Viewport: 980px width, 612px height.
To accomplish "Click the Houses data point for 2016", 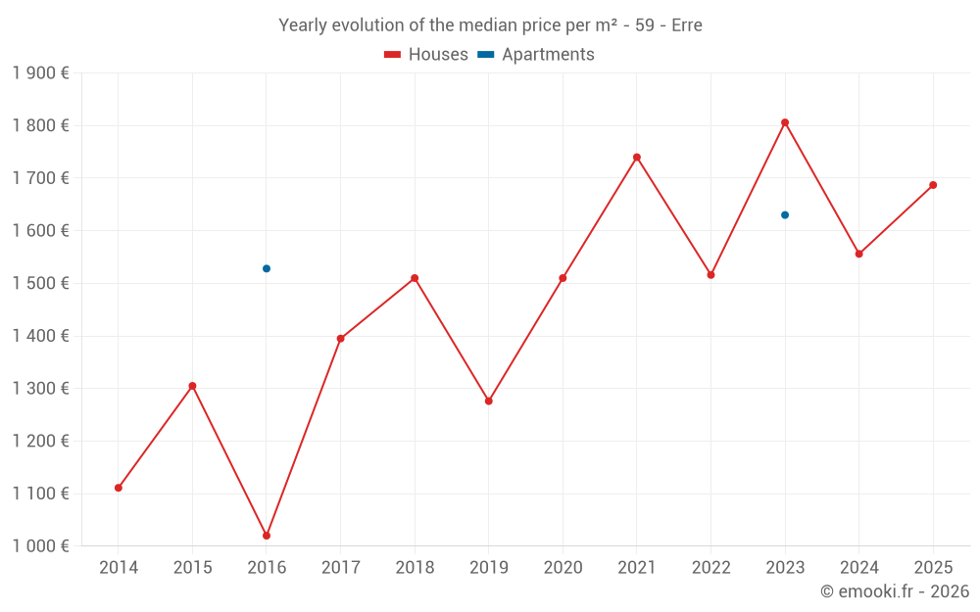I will pos(267,536).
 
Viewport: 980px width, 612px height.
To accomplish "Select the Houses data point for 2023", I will pos(785,122).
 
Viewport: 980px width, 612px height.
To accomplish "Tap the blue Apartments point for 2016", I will pos(267,268).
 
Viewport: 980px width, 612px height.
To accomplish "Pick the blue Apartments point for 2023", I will pos(785,214).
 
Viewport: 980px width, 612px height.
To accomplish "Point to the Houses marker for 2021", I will pos(637,157).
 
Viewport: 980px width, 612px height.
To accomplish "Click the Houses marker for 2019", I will pos(489,400).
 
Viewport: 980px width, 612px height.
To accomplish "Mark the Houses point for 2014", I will pos(119,488).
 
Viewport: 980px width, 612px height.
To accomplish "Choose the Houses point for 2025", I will pos(933,185).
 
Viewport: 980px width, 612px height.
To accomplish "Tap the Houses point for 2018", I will pos(415,278).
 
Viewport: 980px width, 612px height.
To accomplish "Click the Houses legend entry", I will pos(426,55).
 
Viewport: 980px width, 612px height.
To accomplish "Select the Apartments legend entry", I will pos(536,55).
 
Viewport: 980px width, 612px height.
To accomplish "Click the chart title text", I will pos(490,25).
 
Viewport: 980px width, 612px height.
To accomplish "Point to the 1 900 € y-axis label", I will pos(40,73).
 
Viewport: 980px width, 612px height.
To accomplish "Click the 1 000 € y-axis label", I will pos(40,546).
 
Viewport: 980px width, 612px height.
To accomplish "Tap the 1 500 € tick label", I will pos(40,283).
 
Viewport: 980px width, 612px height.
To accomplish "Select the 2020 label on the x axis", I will pos(563,568).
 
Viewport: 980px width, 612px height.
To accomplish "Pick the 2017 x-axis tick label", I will pos(340,568).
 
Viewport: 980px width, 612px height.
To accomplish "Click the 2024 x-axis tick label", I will pos(859,568).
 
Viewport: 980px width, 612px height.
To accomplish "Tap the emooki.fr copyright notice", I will pos(895,591).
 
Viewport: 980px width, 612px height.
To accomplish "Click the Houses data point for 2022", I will pos(710,275).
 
